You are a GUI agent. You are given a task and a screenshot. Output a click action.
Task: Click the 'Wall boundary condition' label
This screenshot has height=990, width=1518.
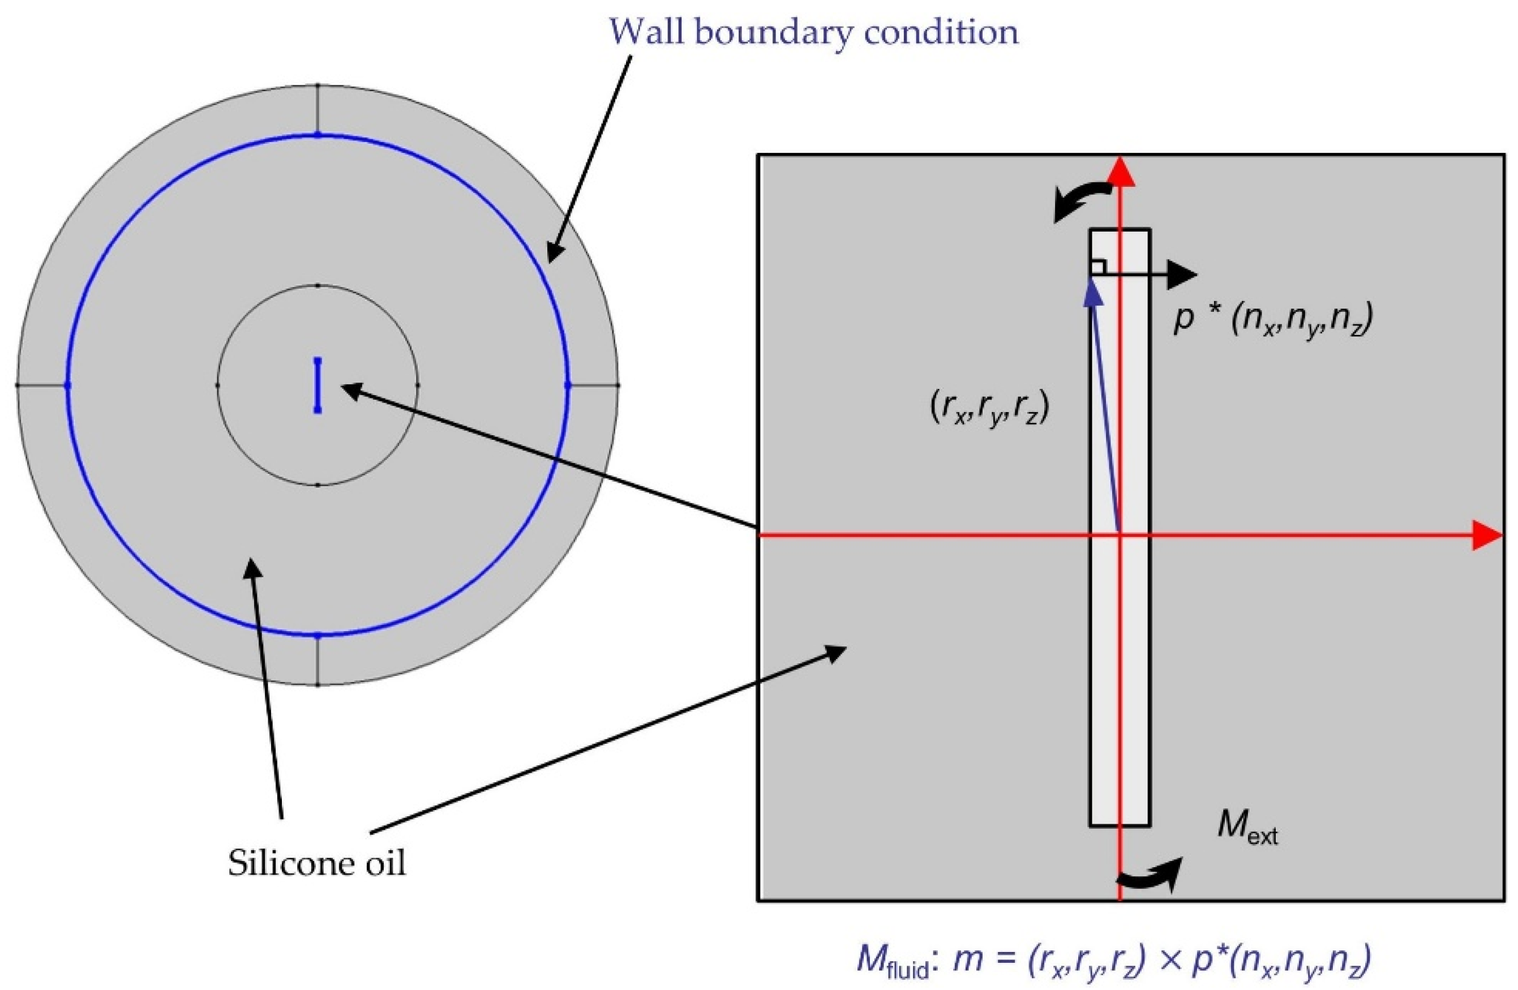pos(814,32)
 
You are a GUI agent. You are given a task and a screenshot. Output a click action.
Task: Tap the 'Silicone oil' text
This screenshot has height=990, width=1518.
pos(317,864)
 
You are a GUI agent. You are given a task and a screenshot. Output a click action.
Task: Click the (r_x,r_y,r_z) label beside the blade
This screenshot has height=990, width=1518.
pos(987,411)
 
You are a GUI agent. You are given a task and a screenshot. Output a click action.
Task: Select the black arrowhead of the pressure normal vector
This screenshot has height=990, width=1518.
pos(1183,275)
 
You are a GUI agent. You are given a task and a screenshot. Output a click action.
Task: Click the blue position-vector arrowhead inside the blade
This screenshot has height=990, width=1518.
pos(1093,297)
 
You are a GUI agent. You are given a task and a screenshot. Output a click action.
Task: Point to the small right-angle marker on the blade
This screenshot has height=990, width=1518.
pos(1097,267)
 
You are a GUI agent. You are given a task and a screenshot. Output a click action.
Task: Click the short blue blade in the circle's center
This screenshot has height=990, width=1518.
pos(318,385)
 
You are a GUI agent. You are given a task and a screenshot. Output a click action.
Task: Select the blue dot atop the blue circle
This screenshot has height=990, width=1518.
pos(318,135)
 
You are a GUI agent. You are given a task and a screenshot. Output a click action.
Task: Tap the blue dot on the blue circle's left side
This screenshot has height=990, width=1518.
pos(67,385)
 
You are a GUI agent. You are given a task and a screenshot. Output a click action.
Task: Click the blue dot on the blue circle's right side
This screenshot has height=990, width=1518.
pos(568,385)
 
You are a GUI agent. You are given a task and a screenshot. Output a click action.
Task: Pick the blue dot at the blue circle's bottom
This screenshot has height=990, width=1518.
pos(318,635)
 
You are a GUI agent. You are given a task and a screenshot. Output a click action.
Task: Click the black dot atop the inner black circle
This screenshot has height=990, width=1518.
pos(318,285)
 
